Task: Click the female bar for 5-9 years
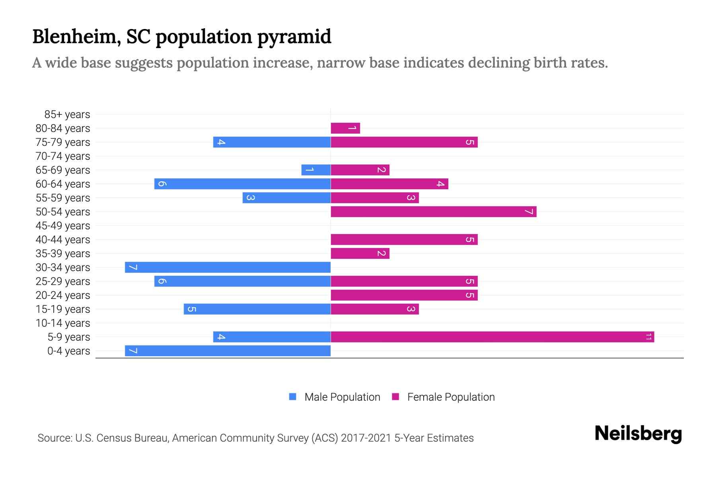[492, 337]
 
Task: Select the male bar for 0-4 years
[228, 351]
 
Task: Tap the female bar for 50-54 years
[433, 211]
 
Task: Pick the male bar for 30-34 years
[228, 267]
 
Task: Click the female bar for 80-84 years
[345, 128]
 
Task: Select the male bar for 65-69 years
[316, 170]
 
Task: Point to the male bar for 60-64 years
[242, 184]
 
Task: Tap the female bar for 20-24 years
[404, 295]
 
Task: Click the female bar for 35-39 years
[360, 253]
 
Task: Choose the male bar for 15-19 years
[257, 309]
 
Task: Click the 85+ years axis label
[67, 114]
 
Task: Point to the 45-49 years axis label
[63, 226]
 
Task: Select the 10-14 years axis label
[63, 323]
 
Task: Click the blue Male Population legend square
[293, 397]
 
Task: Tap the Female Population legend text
[451, 397]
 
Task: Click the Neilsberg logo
[638, 434]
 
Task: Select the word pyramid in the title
[294, 37]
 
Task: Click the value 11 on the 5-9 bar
[648, 337]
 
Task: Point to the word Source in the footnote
[54, 438]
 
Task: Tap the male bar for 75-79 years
[272, 142]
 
